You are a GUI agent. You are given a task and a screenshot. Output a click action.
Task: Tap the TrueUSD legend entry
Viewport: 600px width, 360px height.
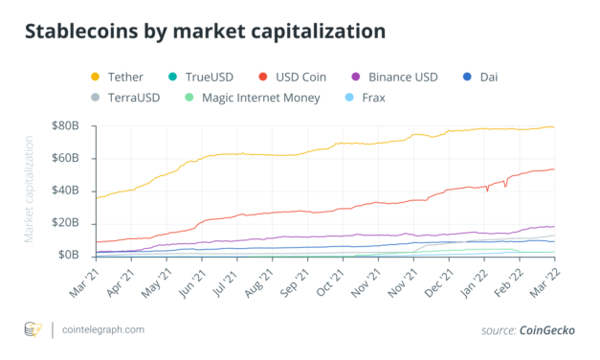[204, 76]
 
